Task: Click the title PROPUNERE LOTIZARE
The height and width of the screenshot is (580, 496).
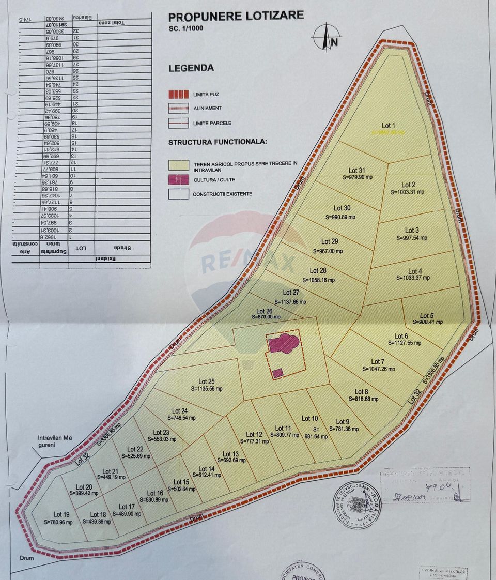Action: [x=236, y=16]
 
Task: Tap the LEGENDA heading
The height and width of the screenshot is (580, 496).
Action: [x=191, y=68]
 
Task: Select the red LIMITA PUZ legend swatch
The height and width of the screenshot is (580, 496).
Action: [x=178, y=95]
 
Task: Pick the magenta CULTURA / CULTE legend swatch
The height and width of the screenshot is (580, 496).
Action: [x=178, y=179]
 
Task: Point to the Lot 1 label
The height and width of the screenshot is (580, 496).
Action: [x=388, y=125]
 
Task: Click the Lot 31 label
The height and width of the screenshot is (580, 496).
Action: [x=357, y=170]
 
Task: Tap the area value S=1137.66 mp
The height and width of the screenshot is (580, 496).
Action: [x=290, y=302]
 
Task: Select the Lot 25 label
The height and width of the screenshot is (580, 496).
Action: [x=207, y=381]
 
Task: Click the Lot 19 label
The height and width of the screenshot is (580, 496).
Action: [x=61, y=514]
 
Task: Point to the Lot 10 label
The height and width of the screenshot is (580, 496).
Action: [x=309, y=418]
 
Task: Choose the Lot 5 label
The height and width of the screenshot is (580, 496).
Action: [x=427, y=315]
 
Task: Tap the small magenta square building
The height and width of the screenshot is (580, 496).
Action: [x=277, y=373]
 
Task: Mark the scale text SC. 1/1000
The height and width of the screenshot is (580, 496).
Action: [x=186, y=29]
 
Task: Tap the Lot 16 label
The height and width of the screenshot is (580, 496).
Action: [x=155, y=493]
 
